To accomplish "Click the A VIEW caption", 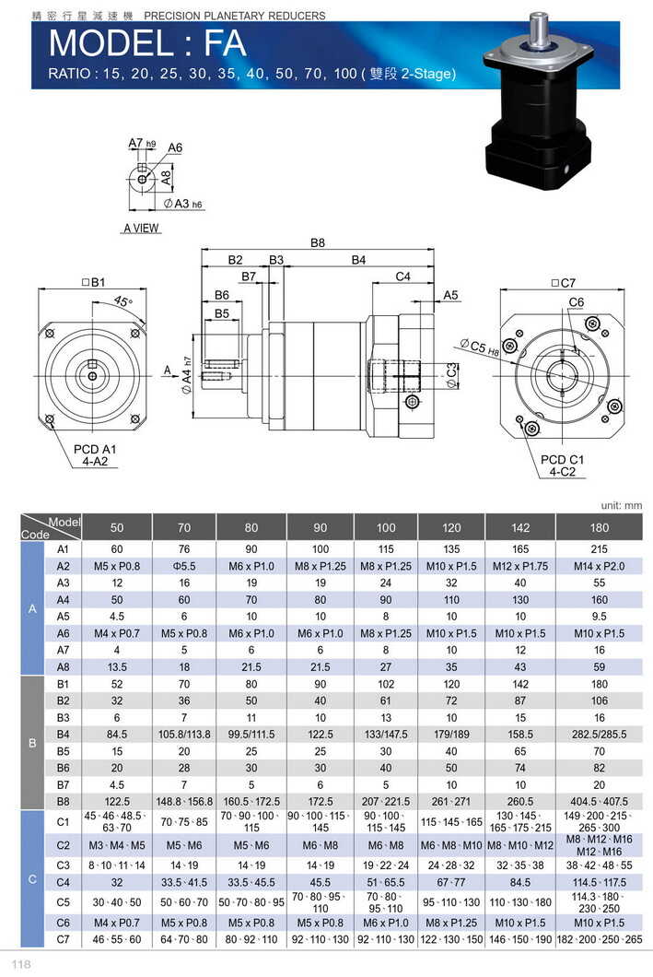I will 141,228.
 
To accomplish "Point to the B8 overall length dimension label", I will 318,243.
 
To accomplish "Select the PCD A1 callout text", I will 96,450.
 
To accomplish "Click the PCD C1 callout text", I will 563,459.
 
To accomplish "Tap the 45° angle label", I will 123,301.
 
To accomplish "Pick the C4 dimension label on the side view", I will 402,277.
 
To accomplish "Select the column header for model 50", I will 117,527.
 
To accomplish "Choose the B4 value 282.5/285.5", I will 599,734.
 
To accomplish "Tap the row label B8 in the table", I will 64,801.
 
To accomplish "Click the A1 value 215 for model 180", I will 599,548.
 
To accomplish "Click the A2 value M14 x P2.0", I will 599,565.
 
